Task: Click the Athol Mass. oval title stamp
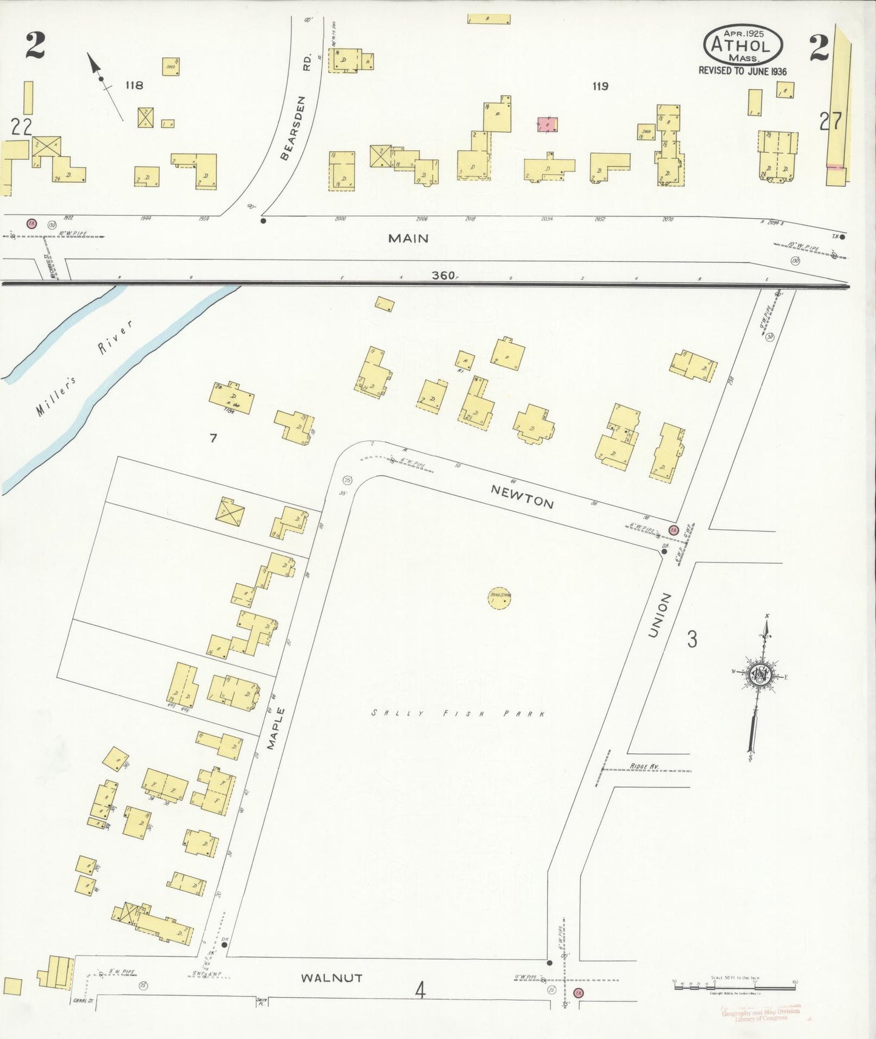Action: coord(743,45)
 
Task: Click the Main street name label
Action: coord(408,238)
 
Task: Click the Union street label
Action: coord(660,615)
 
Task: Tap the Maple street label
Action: coord(275,728)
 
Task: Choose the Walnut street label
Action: coord(332,978)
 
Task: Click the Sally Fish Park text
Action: coord(458,713)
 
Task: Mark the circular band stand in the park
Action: coord(500,597)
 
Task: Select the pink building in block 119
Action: coord(547,124)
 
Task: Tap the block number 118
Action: coord(134,85)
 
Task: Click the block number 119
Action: coord(600,86)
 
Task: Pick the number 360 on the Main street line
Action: coord(443,275)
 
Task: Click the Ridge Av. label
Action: coord(644,767)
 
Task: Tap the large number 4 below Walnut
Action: coord(420,990)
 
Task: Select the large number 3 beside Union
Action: coord(692,638)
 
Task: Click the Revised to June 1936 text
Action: coord(742,71)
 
